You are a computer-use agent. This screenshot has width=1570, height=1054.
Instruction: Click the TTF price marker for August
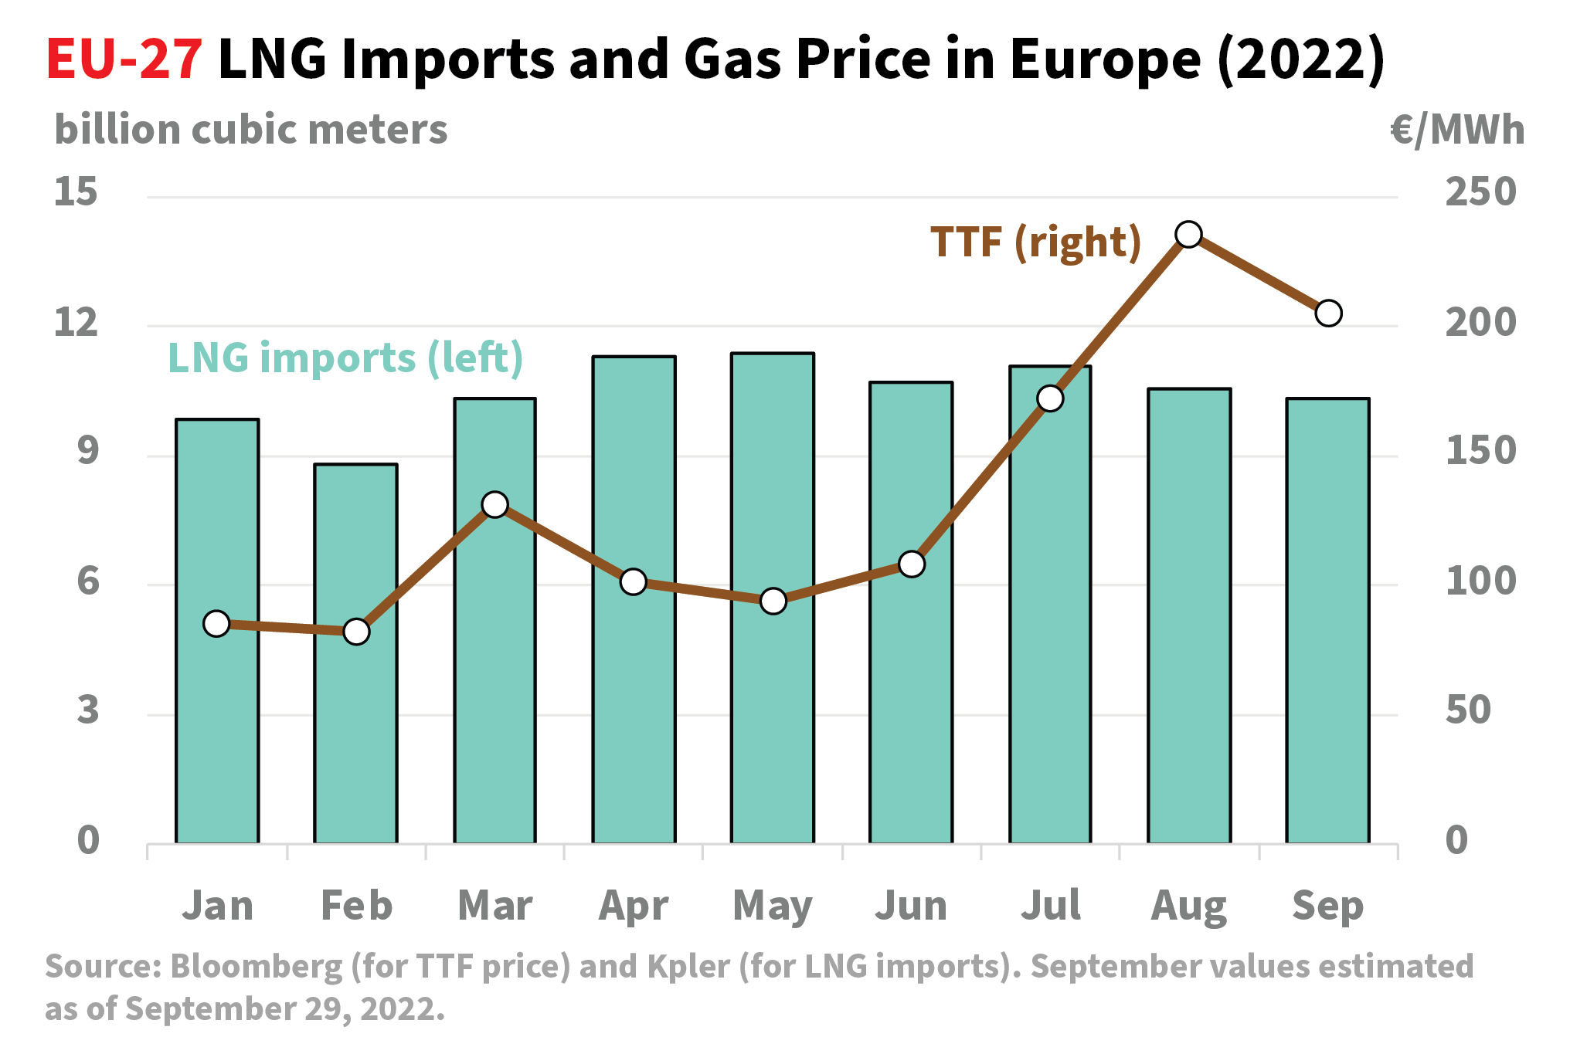pyautogui.click(x=1188, y=234)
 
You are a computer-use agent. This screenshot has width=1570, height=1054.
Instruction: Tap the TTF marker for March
pyautogui.click(x=494, y=505)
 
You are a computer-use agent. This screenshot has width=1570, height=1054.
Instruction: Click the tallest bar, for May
pyautogui.click(x=773, y=695)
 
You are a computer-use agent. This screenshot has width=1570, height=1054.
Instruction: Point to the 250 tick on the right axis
pyautogui.click(x=1480, y=191)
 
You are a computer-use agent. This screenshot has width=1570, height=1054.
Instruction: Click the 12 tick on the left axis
pyautogui.click(x=76, y=322)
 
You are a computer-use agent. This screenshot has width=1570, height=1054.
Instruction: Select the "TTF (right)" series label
pyautogui.click(x=1035, y=242)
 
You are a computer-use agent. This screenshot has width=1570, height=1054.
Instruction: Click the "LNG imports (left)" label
pyautogui.click(x=345, y=358)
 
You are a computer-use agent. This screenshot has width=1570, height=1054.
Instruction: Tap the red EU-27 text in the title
pyautogui.click(x=124, y=59)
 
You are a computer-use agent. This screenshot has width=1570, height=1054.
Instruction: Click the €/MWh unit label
pyautogui.click(x=1457, y=130)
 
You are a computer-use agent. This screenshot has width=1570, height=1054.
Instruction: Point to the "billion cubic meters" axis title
pyautogui.click(x=251, y=130)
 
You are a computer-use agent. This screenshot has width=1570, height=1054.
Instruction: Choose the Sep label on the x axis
pyautogui.click(x=1327, y=906)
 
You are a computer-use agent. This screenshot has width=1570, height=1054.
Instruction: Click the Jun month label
pyautogui.click(x=911, y=906)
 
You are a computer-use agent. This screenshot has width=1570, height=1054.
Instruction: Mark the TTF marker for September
pyautogui.click(x=1327, y=313)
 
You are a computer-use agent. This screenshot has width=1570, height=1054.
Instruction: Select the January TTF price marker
pyautogui.click(x=217, y=623)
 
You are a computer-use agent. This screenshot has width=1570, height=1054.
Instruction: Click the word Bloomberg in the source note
pyautogui.click(x=257, y=967)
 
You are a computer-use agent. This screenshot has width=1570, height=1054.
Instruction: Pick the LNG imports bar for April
pyautogui.click(x=634, y=695)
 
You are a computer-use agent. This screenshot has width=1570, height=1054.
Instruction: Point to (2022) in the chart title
pyautogui.click(x=1301, y=59)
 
